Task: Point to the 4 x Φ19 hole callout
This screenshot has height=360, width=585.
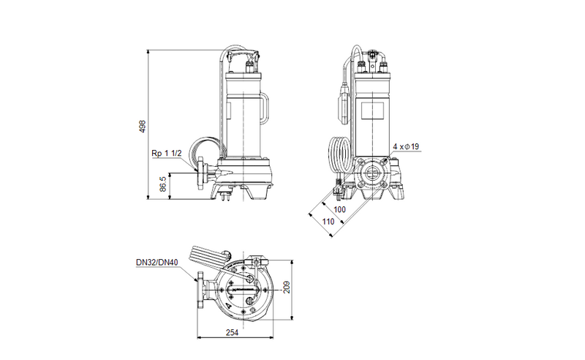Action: (407, 147)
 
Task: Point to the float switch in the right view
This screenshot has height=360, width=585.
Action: (343, 98)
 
